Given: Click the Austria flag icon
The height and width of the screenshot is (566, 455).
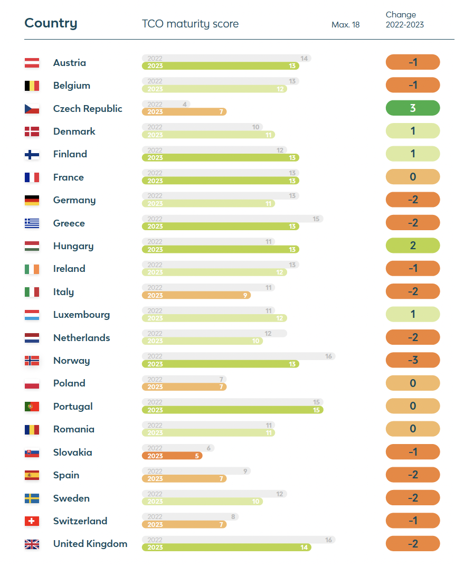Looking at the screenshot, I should pos(32,63).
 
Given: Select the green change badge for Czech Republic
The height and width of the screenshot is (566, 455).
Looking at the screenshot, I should pos(413,108).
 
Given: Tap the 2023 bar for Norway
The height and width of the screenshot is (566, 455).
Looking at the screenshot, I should pos(220,364).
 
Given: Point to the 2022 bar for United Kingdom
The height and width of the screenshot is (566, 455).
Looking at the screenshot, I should pos(238,540).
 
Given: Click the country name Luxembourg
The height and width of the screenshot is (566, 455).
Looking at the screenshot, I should pos(81,315).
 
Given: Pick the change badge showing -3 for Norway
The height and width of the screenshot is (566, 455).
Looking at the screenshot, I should pos(413,360).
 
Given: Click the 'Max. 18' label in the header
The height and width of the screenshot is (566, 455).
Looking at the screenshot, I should pos(345,25).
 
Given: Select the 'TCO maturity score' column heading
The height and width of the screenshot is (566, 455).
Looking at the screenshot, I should pos(190,24).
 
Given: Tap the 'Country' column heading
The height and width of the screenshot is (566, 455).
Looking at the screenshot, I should pos(51,23).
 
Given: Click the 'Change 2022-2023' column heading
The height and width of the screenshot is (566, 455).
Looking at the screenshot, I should pos(404,20).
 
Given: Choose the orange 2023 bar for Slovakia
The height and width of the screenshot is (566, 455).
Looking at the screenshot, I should pos(172,456).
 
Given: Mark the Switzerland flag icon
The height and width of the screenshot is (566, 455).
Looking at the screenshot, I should pos(32,521).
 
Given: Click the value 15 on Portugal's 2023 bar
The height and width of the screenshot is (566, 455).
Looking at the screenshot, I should pos(316,410).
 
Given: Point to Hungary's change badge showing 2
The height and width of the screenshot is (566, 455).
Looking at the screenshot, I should pos(413,246).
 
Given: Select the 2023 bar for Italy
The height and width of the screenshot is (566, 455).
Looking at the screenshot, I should pos(196,295).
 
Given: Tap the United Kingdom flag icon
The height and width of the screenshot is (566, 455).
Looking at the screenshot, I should pos(32,544).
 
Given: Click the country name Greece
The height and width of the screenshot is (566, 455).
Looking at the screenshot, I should pos(69,223).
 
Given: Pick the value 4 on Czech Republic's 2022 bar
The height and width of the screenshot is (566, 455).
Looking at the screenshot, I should pos(185,105).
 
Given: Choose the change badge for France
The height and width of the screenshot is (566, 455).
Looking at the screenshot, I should pos(413,177).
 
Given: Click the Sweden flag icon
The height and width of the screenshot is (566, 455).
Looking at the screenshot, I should pos(32,498).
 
